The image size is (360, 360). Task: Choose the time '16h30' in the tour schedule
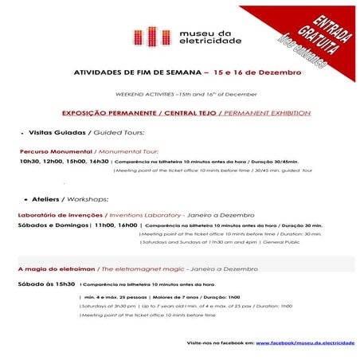tap(100, 160)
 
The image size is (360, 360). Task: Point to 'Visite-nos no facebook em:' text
tap(220, 341)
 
